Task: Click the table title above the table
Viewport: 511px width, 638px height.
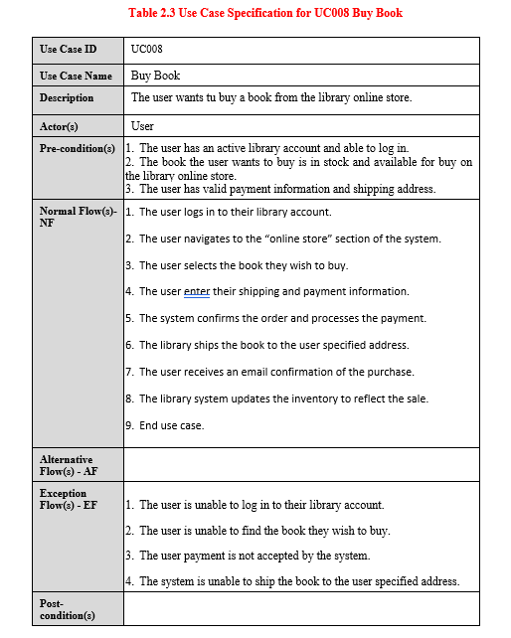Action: (265, 13)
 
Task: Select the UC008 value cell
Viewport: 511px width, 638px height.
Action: (147, 49)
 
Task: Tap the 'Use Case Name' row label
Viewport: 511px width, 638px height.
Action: (76, 76)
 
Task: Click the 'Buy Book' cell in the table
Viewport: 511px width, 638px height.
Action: (156, 76)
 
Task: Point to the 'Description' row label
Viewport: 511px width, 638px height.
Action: (67, 97)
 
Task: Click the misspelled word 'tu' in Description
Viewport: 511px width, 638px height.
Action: (224, 97)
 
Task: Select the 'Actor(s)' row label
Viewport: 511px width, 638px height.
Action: (59, 126)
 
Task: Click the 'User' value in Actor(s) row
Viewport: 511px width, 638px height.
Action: (142, 126)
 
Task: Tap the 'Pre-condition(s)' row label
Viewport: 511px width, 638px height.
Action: (78, 148)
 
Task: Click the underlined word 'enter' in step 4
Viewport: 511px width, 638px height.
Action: (197, 291)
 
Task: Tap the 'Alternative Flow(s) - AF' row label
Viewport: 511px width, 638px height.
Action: (67, 465)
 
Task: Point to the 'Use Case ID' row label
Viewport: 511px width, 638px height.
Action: (69, 49)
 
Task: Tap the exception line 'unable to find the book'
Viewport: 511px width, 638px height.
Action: (264, 531)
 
